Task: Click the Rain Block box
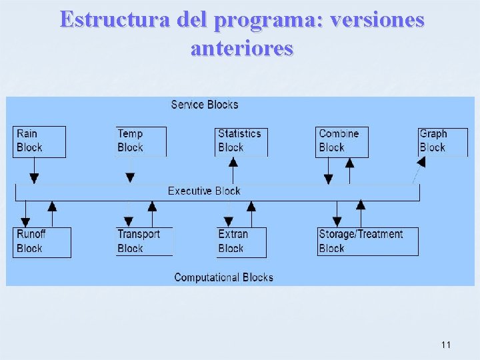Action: [39, 141]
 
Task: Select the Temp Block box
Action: [141, 141]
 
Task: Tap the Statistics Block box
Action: [242, 141]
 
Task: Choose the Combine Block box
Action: [341, 141]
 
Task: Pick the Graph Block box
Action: [443, 141]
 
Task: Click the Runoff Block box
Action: [42, 241]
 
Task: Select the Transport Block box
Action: [144, 241]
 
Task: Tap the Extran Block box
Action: [241, 241]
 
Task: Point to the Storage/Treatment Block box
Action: [368, 241]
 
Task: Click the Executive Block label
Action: [204, 191]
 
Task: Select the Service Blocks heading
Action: [205, 105]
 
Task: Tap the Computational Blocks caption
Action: [223, 277]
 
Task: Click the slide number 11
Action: [446, 345]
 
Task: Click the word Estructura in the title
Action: [116, 20]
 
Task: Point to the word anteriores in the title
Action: [241, 48]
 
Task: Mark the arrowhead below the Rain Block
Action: [34, 178]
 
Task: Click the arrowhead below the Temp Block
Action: [130, 178]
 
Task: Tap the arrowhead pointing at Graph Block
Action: [421, 162]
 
